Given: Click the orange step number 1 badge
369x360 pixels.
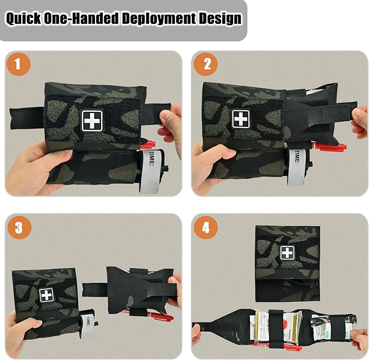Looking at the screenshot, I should point(18,65).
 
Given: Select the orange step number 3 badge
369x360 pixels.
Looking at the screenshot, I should point(18,228).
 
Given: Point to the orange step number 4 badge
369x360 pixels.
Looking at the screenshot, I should point(207,228).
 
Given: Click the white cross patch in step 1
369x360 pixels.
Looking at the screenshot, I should point(92,121).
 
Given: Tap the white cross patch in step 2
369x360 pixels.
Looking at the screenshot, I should point(240,119).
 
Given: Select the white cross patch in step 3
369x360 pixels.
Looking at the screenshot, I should point(47,295).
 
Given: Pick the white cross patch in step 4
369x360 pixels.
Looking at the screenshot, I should point(287,252).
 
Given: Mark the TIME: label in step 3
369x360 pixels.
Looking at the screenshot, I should point(87,321).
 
